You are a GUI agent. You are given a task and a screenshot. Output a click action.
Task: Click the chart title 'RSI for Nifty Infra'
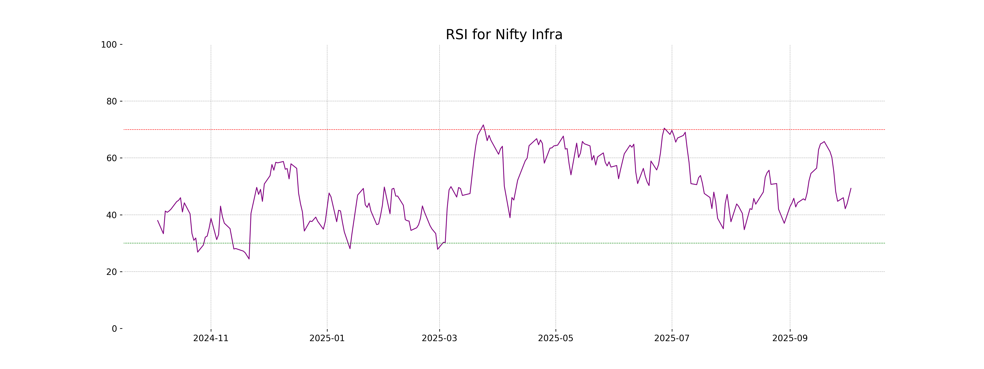[504, 35]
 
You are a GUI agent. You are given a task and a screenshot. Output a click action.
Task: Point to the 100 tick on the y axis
[109, 45]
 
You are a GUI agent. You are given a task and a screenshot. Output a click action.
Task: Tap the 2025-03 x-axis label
[439, 338]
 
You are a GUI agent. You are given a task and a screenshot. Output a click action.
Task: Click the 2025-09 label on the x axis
[790, 338]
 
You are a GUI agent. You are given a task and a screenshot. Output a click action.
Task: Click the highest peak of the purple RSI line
[483, 125]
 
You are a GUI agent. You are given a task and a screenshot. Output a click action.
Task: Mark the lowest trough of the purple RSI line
[249, 259]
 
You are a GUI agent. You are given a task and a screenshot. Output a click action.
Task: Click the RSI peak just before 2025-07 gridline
[664, 128]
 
